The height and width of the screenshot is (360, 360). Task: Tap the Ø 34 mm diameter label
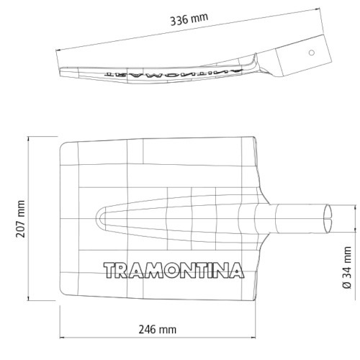pos(347,267)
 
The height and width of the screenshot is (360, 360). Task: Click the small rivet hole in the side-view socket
pos(311,53)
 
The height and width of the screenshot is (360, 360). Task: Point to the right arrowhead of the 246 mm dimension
pos(256,337)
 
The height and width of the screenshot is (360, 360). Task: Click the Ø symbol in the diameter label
pos(347,285)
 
